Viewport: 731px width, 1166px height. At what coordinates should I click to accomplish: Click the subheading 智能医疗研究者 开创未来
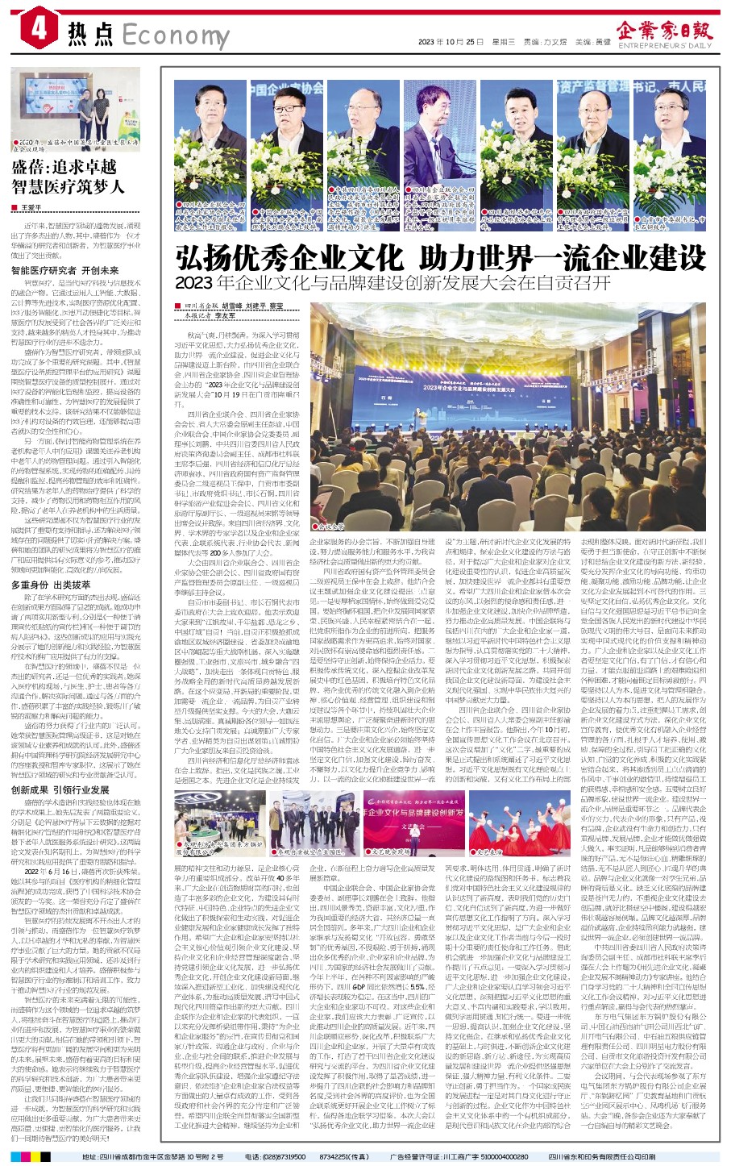64,271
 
